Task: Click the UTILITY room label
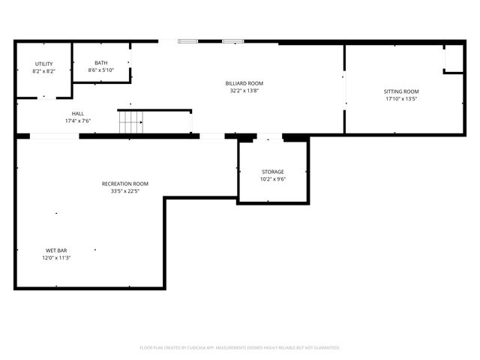click(43, 64)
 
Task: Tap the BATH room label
click(100, 63)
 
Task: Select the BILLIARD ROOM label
click(244, 83)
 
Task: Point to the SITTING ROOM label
click(401, 91)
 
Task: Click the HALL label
click(78, 114)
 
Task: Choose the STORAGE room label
click(273, 172)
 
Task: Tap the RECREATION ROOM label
click(125, 184)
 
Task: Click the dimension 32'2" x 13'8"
click(244, 91)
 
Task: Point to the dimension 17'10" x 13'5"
click(401, 98)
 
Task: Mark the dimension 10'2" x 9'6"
click(273, 179)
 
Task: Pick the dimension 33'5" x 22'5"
click(125, 191)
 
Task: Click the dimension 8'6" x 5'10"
click(100, 70)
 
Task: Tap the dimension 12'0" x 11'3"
click(56, 258)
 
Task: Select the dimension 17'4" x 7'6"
click(78, 121)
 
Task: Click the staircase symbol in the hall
click(130, 121)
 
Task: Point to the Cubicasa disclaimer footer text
click(240, 348)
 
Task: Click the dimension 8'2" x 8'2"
click(43, 71)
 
